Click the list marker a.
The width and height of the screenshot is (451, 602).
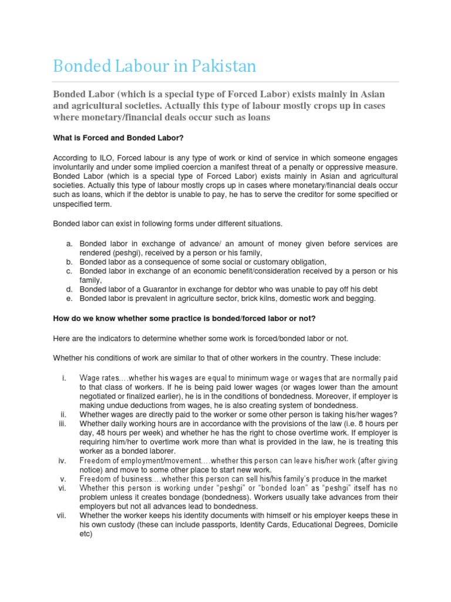69,243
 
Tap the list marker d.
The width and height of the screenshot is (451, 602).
69,289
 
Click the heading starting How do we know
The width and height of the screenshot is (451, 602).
184,318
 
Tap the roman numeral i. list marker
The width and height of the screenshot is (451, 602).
63,377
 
